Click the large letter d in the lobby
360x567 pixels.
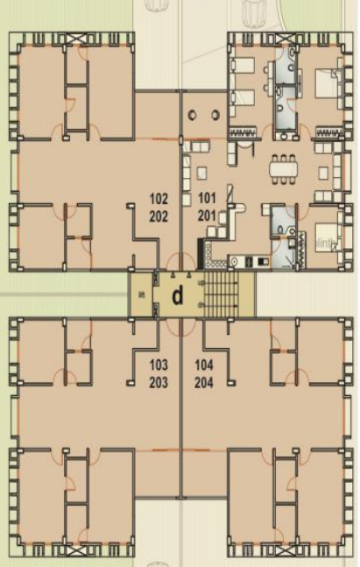tap(178, 296)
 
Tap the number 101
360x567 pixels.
tap(207, 197)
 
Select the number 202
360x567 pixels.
tap(159, 213)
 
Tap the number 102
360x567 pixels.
tap(159, 197)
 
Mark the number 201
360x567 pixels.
tap(207, 213)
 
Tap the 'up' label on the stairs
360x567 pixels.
tap(202, 283)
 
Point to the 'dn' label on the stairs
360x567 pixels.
tap(202, 305)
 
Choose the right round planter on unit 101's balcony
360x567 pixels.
tap(214, 114)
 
